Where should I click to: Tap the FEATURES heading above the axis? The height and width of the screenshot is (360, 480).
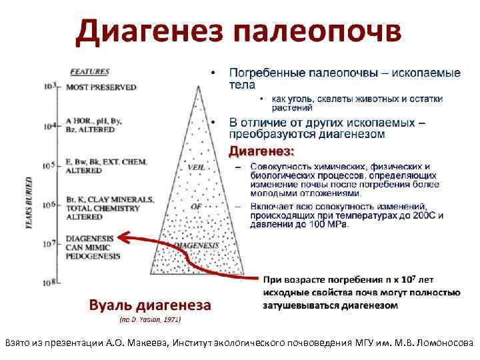point(89,72)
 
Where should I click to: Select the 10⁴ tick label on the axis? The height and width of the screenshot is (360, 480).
point(49,125)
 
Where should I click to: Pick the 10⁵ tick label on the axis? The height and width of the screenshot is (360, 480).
point(49,165)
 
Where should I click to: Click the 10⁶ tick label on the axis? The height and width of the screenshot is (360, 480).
point(49,204)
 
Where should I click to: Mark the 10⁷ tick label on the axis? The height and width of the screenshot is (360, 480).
point(49,243)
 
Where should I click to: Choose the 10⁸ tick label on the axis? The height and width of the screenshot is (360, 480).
point(49,283)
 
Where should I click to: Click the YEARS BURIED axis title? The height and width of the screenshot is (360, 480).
point(29,203)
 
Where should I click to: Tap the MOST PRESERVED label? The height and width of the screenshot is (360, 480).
point(101,87)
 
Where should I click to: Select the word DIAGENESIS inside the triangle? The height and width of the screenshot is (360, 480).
point(196,246)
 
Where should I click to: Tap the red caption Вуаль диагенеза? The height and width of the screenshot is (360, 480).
point(150,305)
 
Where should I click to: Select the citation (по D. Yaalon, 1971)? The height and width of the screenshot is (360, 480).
point(150,320)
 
